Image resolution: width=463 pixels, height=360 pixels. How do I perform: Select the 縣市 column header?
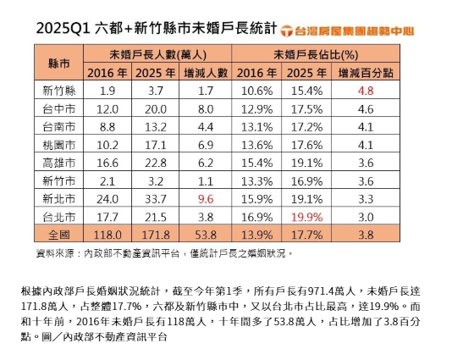[x=59, y=62]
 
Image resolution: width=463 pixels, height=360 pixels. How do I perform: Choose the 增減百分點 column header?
[x=366, y=72]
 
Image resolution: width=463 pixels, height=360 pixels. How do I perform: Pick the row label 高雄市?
[x=59, y=162]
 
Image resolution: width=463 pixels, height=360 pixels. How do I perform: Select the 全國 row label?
[x=59, y=233]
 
